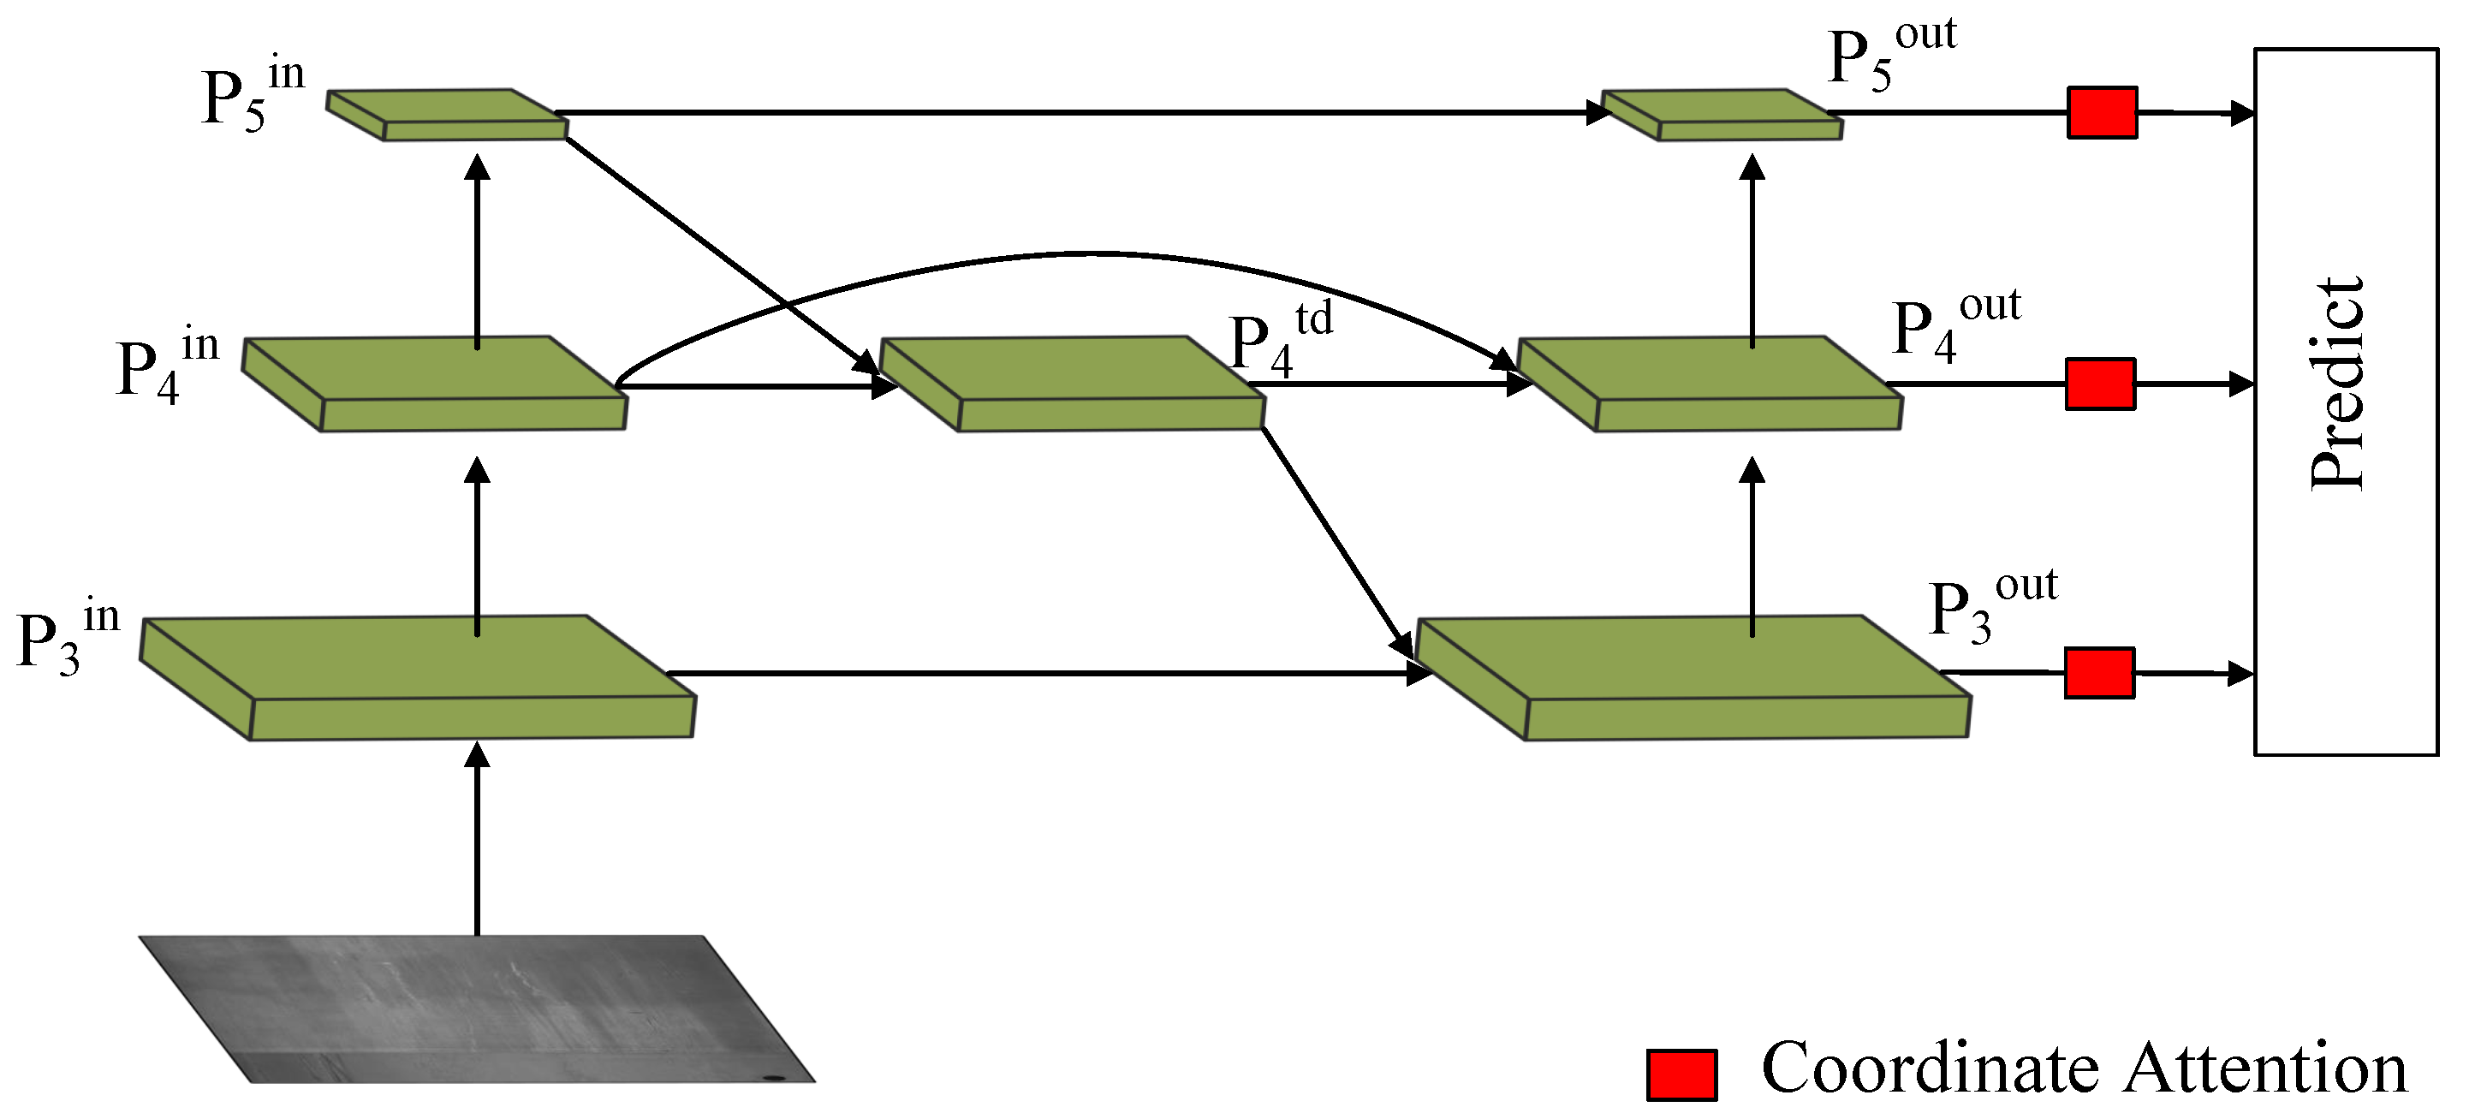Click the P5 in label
coord(252,96)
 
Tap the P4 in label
coord(166,367)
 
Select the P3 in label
coord(68,639)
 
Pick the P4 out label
coord(1955,326)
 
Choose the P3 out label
coord(1991,607)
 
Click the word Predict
coord(2336,384)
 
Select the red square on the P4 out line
coord(2100,384)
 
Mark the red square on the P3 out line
coord(2099,672)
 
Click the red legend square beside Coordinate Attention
coord(1681,1074)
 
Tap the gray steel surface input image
coord(478,1009)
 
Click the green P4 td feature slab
coord(1071,383)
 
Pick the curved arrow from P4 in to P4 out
coord(1086,254)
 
